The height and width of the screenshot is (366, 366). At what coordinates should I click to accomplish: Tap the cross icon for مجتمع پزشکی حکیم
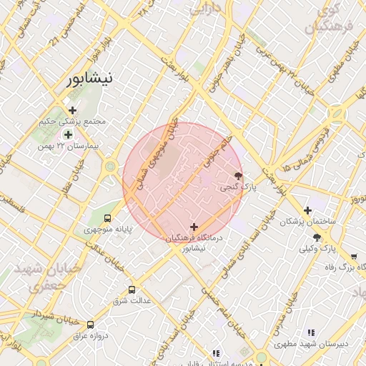[72, 110]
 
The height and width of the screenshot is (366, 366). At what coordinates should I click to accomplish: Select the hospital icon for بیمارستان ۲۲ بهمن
[68, 134]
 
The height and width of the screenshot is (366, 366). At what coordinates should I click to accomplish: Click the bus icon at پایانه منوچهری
[108, 218]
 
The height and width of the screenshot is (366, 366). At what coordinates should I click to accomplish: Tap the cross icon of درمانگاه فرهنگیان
[194, 227]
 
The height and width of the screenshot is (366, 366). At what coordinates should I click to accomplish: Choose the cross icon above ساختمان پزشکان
[307, 210]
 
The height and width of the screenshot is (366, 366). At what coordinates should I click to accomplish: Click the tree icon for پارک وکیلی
[317, 237]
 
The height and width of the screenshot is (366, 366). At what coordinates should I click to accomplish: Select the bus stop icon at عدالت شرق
[132, 290]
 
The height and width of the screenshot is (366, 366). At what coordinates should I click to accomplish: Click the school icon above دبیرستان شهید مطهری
[310, 332]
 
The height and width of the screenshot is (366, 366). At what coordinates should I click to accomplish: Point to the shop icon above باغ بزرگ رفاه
[354, 256]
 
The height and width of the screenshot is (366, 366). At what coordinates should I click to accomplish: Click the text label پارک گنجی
[237, 187]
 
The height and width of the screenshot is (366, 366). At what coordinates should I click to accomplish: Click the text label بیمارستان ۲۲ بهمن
[69, 146]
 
